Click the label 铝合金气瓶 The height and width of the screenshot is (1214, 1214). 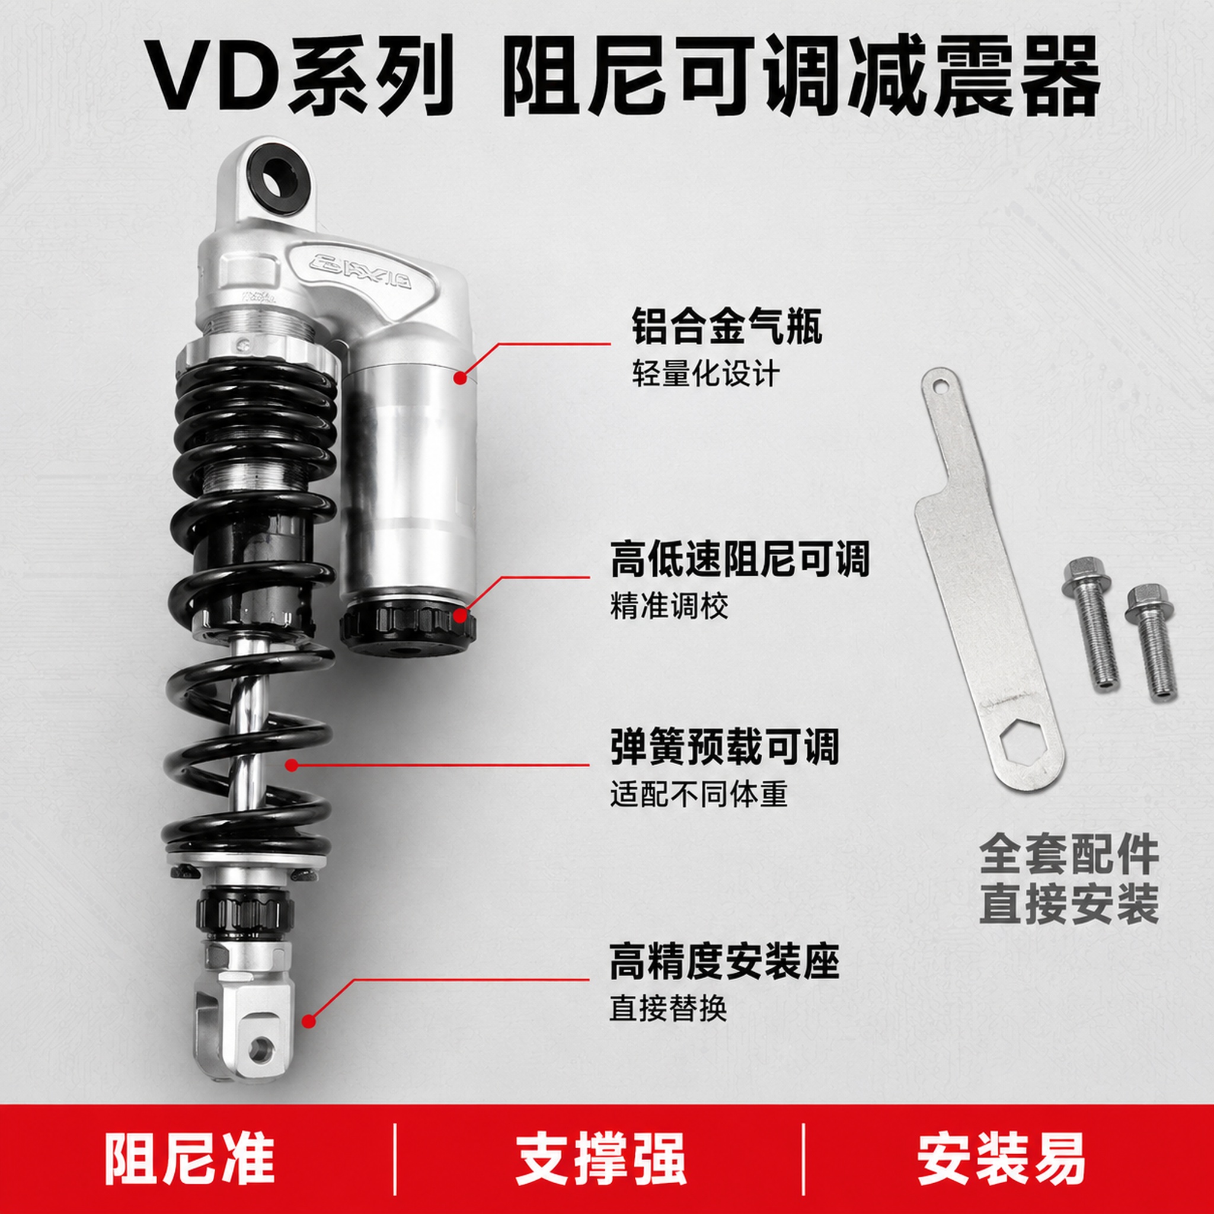pyautogui.click(x=727, y=325)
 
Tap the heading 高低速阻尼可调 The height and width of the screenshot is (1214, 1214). pyautogui.click(x=740, y=558)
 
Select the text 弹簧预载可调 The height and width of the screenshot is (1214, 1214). pyautogui.click(x=724, y=746)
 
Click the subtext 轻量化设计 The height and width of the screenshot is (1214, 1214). pyautogui.click(x=706, y=374)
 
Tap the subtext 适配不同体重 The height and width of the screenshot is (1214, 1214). pyautogui.click(x=699, y=794)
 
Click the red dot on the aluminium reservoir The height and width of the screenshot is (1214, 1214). pyautogui.click(x=461, y=378)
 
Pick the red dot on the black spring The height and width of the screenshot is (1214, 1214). pyautogui.click(x=291, y=765)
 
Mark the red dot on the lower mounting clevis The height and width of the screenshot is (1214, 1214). pyautogui.click(x=308, y=1021)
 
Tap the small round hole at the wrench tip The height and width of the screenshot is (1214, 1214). pyautogui.click(x=940, y=382)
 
